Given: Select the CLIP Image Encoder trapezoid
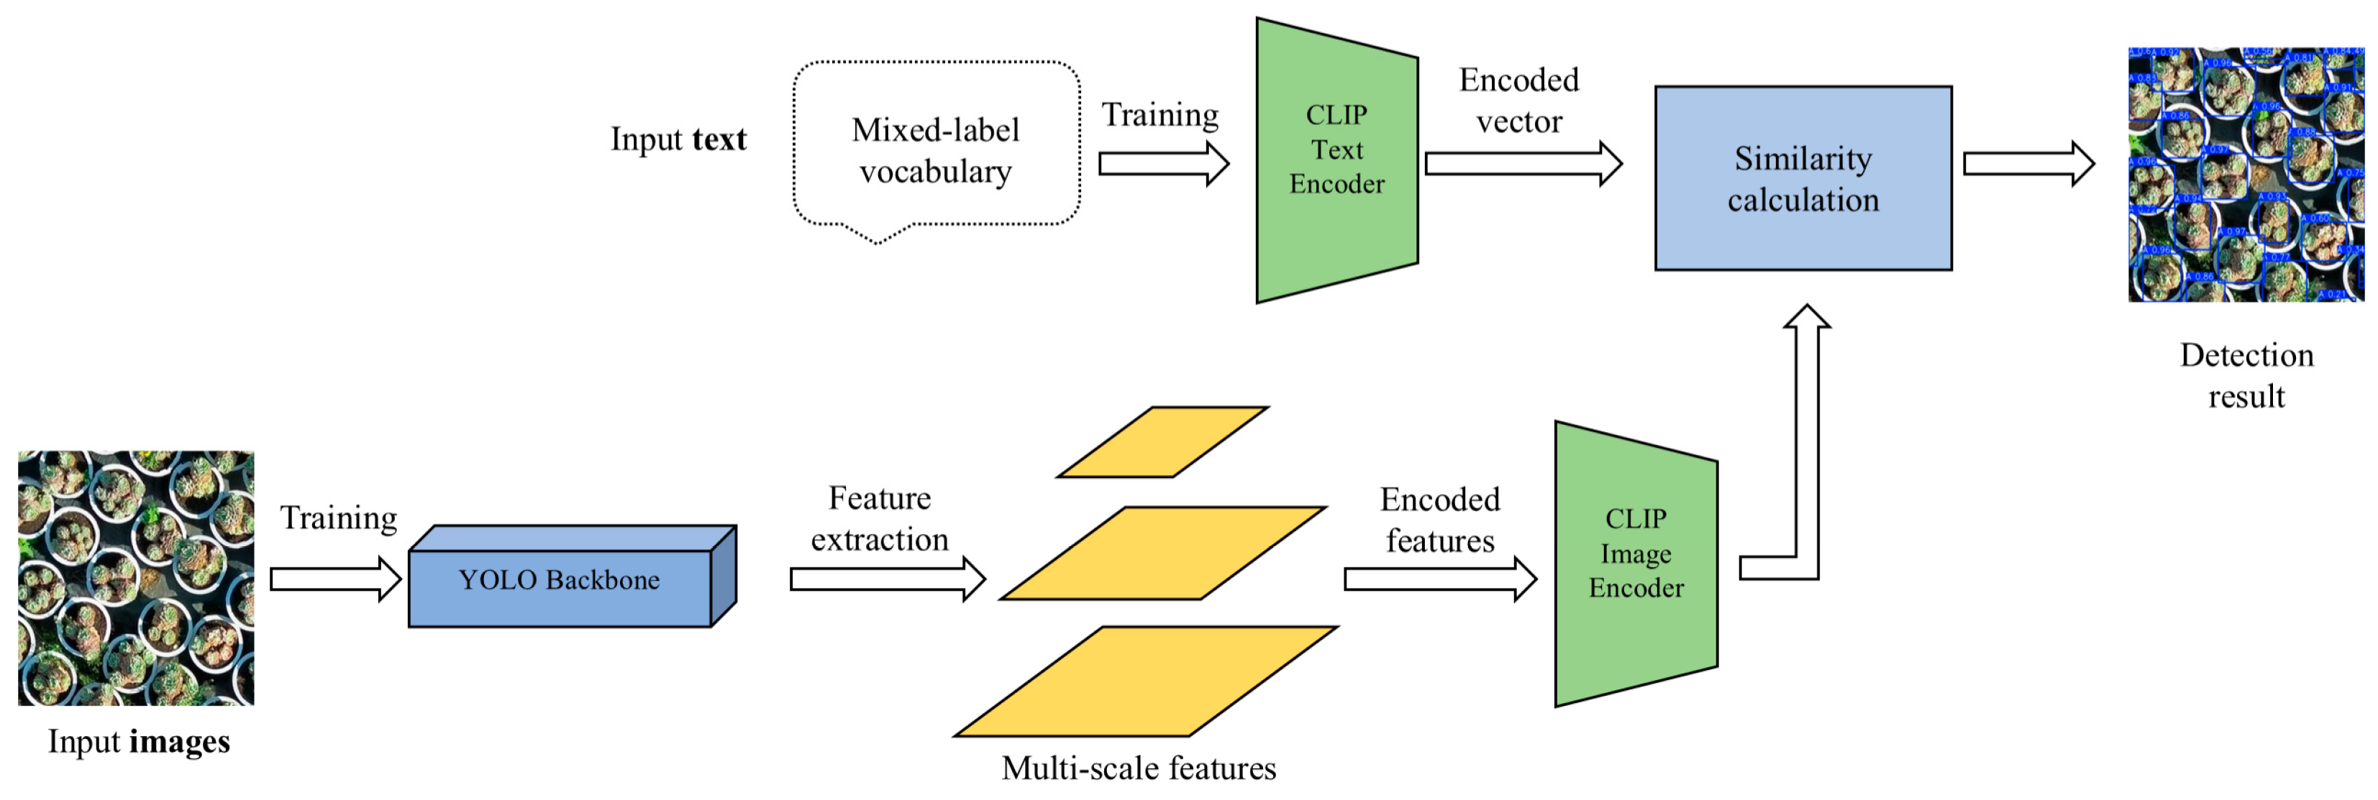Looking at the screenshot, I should pos(1635,563).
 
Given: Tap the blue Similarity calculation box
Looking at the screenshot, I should pos(1802,178).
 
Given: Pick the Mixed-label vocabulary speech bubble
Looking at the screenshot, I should pos(935,147).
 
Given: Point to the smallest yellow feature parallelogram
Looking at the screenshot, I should pos(1162,441).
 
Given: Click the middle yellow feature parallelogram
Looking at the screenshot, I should pos(1163,552).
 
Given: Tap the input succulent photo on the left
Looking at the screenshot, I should pos(136,578).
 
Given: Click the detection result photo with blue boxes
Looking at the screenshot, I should pos(2245,175).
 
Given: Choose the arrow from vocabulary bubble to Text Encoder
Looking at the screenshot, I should pos(1163,165).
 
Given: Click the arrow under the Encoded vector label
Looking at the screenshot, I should pos(1522,165).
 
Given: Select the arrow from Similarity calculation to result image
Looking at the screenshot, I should pos(2027,165).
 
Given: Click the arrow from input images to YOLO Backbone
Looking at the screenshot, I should pos(335,579).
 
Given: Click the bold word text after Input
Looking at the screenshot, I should pos(719,139).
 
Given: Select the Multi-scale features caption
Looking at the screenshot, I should pos(1137,768).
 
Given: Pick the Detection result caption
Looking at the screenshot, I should pos(2246,375).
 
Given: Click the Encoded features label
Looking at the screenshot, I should pos(1439,520).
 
